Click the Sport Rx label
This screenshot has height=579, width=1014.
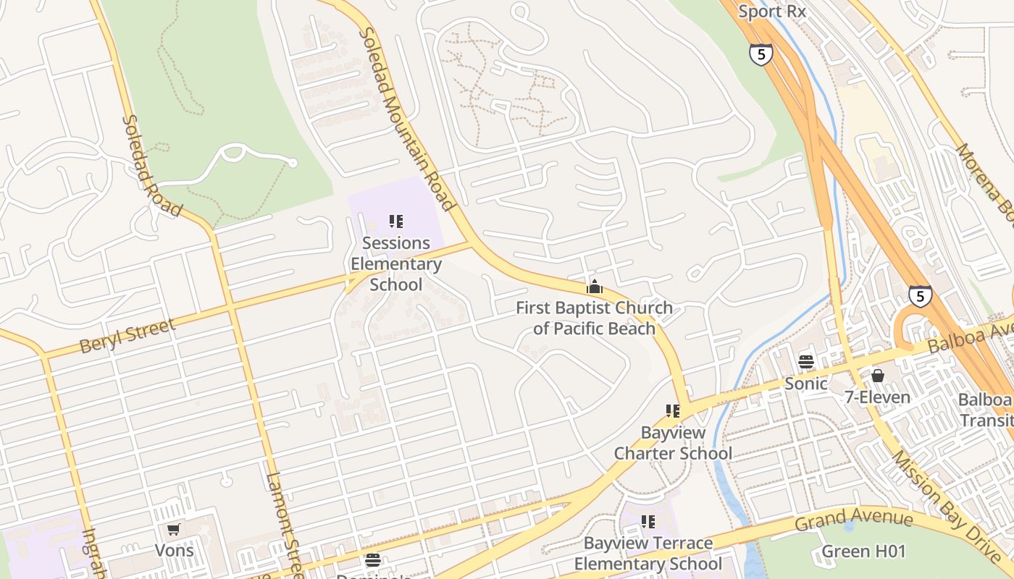pos(772,12)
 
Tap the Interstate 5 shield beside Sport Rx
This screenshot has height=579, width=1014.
pos(760,54)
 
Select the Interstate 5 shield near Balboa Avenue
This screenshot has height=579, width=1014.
pos(920,296)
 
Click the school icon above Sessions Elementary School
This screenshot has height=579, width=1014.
pos(395,221)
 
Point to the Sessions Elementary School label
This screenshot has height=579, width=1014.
pos(395,263)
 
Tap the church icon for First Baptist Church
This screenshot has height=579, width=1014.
pos(594,287)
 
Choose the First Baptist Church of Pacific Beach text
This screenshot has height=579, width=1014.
pos(594,318)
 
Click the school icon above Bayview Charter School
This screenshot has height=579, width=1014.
pos(673,411)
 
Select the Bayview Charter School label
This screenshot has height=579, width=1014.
pos(673,443)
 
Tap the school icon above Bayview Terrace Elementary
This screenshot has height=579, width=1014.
pos(648,521)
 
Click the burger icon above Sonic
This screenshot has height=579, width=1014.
pos(806,361)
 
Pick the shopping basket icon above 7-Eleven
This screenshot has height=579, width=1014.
pos(878,375)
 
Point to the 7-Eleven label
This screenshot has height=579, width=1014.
pos(877,397)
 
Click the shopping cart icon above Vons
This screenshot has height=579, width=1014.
pos(174,530)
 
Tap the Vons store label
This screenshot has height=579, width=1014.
pos(175,550)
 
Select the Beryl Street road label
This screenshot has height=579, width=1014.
pos(127,336)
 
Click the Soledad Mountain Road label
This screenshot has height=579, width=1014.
pos(407,119)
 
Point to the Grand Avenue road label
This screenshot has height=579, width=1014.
pos(854,520)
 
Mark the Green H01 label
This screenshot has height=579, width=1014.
pos(863,551)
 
